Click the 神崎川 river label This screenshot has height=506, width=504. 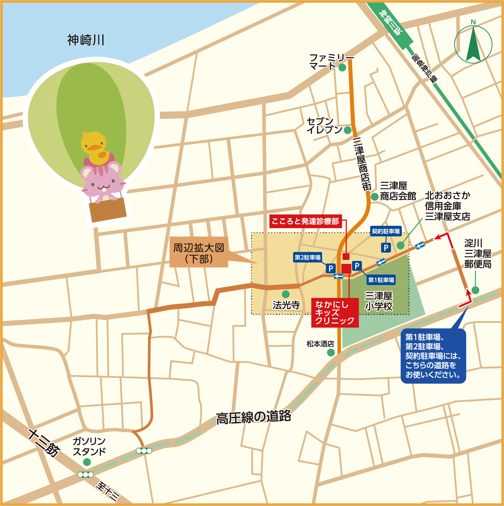[86, 40]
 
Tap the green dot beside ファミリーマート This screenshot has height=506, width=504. [342, 67]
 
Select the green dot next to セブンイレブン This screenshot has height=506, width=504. [347, 130]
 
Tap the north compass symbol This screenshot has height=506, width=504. [473, 44]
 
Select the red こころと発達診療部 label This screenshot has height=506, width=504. [305, 221]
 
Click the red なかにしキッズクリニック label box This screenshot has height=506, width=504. [335, 313]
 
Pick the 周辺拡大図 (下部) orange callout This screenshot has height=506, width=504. [199, 252]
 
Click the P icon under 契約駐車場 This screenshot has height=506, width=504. [386, 248]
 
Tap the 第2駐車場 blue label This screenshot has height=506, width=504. [307, 257]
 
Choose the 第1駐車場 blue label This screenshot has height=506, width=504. [381, 280]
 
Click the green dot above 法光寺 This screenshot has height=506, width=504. [285, 294]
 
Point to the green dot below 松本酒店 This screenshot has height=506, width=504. [331, 353]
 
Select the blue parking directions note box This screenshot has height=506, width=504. [433, 356]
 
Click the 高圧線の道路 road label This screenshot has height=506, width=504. [253, 417]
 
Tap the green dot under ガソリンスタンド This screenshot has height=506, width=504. [87, 462]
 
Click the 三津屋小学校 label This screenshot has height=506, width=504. [379, 301]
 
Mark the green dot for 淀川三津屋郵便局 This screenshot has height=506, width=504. [475, 290]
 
